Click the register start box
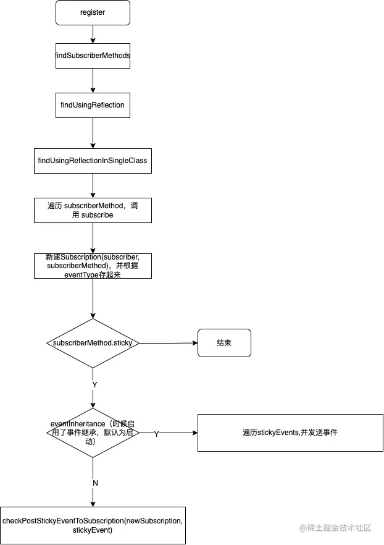[x=93, y=12]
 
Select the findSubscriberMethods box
[x=93, y=56]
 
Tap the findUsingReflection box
[x=93, y=105]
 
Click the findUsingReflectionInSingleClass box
[x=93, y=161]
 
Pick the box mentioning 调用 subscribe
[x=93, y=210]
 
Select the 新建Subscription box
[x=93, y=266]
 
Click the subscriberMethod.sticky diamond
[x=93, y=343]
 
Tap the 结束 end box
[x=224, y=343]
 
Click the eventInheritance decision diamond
[x=93, y=433]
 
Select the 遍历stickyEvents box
[x=290, y=433]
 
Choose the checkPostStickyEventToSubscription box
[x=93, y=525]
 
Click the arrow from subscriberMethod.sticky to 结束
[x=167, y=343]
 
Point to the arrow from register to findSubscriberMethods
[x=93, y=34]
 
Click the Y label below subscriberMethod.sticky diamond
[x=94, y=384]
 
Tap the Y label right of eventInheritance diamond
[x=156, y=434]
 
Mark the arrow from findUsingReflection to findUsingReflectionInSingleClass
[x=93, y=133]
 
